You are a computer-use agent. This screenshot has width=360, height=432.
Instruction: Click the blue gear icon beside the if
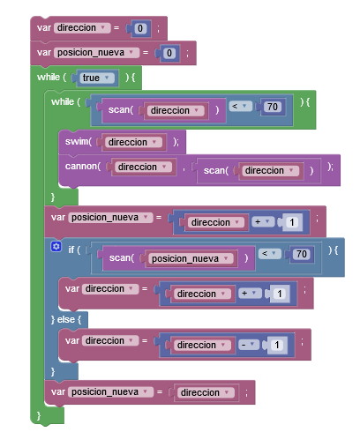click(x=56, y=246)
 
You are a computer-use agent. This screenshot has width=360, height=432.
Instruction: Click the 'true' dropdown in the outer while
click(x=96, y=78)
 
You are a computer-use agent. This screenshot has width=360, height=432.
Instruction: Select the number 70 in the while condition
click(x=273, y=107)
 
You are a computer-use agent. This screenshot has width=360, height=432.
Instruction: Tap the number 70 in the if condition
click(x=302, y=254)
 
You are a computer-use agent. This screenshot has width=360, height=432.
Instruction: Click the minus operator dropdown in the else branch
click(x=248, y=345)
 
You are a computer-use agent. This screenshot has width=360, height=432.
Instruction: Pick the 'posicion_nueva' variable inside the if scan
click(x=189, y=258)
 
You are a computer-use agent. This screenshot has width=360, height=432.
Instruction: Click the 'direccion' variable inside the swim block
click(x=132, y=142)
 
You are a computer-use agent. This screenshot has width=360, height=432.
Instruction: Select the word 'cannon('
click(x=83, y=167)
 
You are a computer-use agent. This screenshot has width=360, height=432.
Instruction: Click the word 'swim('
click(x=79, y=142)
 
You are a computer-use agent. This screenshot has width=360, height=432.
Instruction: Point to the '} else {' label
click(x=66, y=319)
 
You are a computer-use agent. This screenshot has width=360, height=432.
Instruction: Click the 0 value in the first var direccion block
click(x=140, y=28)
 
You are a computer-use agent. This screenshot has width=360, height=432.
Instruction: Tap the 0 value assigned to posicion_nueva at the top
click(x=169, y=53)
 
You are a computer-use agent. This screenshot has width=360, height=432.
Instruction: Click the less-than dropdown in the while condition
click(x=241, y=106)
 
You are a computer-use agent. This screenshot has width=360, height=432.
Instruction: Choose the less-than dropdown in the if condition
click(x=270, y=254)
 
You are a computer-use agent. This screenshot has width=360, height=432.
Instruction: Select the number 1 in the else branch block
click(x=277, y=345)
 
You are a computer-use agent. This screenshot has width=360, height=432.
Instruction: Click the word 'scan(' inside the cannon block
click(x=216, y=170)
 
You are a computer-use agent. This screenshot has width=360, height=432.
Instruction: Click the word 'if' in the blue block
click(x=71, y=250)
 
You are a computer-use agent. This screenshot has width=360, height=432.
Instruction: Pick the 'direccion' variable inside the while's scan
click(x=175, y=111)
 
